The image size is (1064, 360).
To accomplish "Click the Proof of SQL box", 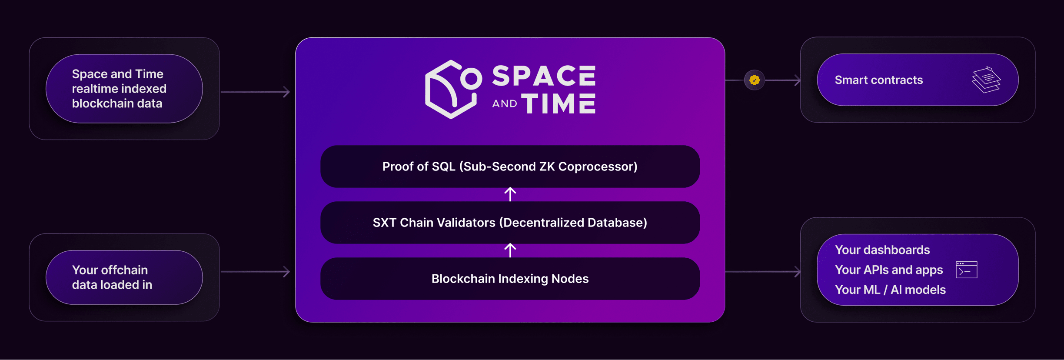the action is tap(510, 167).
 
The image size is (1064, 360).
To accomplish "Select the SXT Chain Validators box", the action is tap(510, 223).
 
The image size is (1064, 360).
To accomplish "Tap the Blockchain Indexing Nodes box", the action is tap(510, 279).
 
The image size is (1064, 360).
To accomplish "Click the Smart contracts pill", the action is tap(918, 80).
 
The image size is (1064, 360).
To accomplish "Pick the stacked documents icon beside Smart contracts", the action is tap(986, 80).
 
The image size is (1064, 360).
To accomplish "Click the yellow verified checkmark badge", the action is tap(755, 80).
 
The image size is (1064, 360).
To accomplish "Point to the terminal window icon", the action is tap(967, 270).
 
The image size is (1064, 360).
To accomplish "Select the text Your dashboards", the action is tap(882, 250).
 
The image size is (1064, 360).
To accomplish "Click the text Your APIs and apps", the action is tap(889, 270).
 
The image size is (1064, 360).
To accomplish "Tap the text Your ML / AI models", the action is tap(890, 290).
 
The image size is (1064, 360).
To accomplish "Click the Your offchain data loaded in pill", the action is tap(124, 277).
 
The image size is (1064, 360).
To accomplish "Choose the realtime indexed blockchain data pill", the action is tap(124, 89).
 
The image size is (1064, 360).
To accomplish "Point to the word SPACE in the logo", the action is tap(544, 76).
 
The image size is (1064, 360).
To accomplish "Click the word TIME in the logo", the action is tap(559, 103).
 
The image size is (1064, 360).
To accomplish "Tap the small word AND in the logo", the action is tap(505, 103).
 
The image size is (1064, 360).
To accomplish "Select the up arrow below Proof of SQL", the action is tap(510, 194).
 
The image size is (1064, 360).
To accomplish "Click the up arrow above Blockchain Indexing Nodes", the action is tap(510, 250).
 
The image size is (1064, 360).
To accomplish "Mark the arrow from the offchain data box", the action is tap(255, 272).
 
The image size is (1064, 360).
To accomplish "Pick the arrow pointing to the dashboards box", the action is tap(763, 272).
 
